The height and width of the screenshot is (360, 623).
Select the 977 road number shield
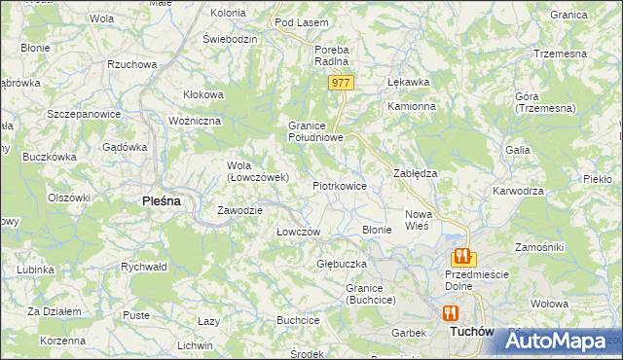pos(340,84)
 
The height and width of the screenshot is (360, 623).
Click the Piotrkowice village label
pos(339,185)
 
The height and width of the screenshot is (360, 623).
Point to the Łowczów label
pos(298,232)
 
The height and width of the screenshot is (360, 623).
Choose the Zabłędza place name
pos(415,172)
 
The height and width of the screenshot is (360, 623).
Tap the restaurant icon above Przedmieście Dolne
pos(461,257)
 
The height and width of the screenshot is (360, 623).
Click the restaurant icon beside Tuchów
pos(450,313)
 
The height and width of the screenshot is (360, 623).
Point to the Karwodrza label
pos(518,191)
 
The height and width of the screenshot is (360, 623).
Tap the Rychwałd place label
pos(144,266)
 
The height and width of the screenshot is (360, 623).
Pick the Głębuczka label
pos(341,264)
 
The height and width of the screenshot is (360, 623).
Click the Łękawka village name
pos(409,82)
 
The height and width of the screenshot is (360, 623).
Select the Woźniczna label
pos(196,120)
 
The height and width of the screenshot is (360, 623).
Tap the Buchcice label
pos(298,319)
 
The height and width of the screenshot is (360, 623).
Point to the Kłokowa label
pos(203,94)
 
